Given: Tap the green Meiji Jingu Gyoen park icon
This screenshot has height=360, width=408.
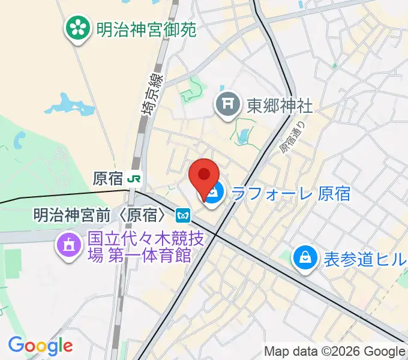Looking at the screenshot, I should (77, 28).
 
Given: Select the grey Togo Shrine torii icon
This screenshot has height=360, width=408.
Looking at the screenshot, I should (228, 106).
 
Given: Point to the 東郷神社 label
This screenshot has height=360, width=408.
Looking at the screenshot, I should (280, 106).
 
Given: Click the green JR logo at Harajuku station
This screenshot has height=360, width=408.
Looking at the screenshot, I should (136, 178).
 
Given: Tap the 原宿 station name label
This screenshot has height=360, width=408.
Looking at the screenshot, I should (109, 178).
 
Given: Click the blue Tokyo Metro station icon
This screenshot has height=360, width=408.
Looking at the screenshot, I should (184, 214).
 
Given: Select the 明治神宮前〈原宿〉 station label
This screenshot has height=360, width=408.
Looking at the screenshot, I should (100, 214).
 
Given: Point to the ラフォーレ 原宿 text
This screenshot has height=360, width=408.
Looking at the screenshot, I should (290, 193).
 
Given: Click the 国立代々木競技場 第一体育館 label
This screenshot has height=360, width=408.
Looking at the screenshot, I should (139, 247).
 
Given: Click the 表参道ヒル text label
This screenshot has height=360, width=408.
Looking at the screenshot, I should (365, 259).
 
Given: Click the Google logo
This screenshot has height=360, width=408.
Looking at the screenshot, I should (40, 346).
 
